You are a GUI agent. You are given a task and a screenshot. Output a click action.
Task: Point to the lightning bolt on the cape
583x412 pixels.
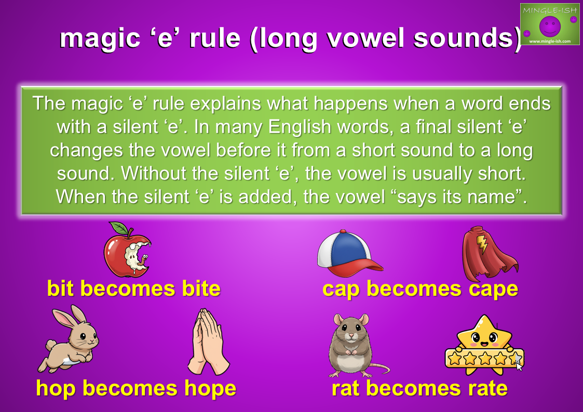(x=482, y=243)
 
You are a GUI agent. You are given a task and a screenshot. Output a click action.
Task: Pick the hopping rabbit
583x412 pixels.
(x=69, y=339)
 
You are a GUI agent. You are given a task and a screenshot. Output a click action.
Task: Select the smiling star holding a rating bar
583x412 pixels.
(x=484, y=345)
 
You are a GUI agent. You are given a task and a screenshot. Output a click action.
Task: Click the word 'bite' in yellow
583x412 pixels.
(x=201, y=289)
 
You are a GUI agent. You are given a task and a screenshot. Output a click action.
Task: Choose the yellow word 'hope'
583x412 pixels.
(x=210, y=389)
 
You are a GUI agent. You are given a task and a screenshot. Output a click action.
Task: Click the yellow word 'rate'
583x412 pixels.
(x=488, y=389)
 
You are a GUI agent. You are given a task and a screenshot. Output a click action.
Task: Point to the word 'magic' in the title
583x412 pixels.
(x=100, y=38)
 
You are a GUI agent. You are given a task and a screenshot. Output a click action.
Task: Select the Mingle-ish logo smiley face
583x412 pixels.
(x=550, y=26)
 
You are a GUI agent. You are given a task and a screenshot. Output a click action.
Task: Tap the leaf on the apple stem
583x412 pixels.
(x=119, y=228)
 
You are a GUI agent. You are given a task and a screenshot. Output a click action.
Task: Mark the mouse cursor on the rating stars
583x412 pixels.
(x=519, y=366)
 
